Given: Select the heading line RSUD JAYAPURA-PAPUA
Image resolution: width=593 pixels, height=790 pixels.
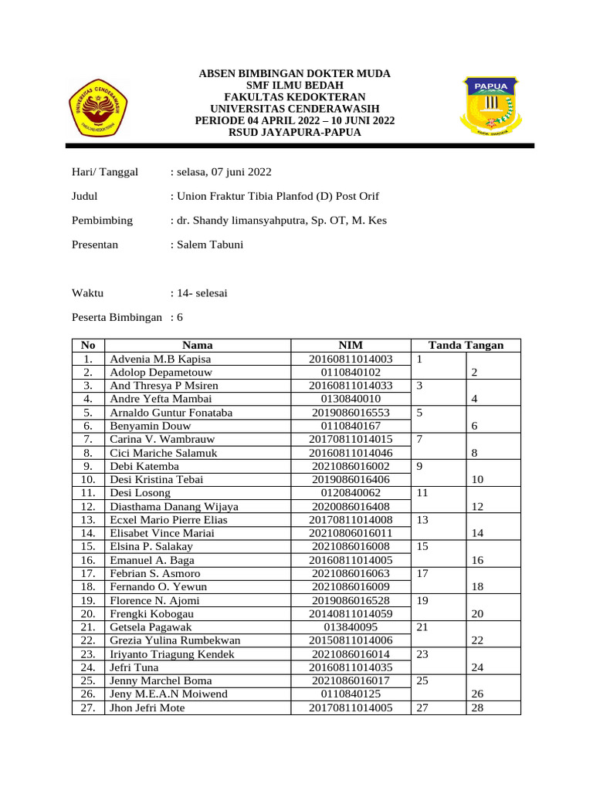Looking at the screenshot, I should (295, 133).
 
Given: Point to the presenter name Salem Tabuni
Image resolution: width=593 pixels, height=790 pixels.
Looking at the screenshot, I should (210, 245).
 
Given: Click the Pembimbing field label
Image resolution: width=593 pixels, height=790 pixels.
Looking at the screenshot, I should (102, 221).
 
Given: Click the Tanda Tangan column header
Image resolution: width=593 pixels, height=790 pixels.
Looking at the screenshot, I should (466, 346).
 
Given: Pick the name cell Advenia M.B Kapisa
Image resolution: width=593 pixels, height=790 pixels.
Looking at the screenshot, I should (161, 360).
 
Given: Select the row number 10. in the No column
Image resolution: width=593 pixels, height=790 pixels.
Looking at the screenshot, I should (87, 479).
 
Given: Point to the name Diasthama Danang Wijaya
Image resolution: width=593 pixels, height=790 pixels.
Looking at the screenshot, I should (175, 506).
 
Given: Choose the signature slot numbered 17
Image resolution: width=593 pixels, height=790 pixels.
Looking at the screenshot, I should (422, 573).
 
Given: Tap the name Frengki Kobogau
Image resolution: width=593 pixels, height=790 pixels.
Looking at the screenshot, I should (148, 613).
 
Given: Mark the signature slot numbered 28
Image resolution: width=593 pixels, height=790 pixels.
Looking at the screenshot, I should (477, 707).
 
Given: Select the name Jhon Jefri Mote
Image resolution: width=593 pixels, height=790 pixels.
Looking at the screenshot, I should (147, 707).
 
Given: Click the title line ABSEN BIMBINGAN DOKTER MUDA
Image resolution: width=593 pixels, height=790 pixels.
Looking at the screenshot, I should (295, 73).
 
